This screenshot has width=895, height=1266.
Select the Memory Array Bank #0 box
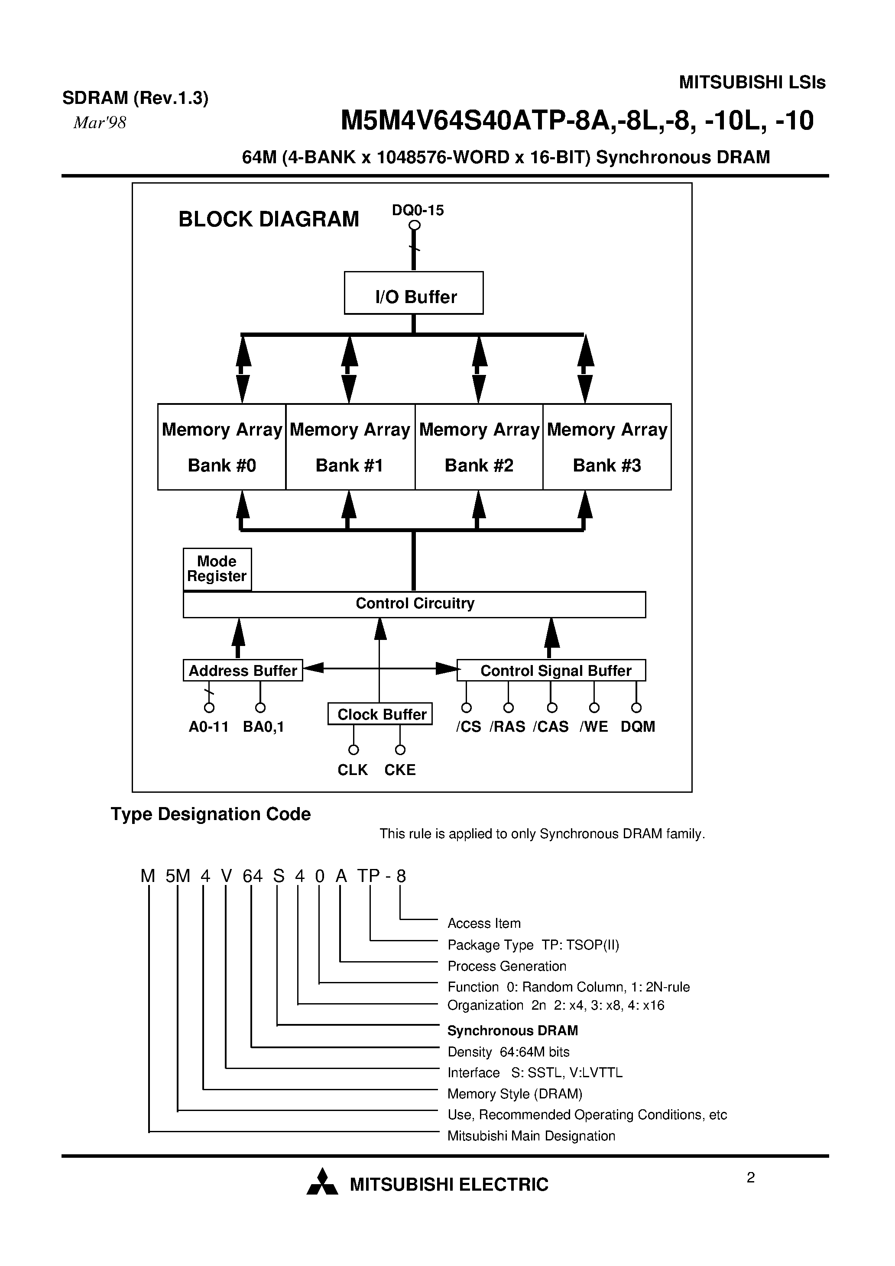(222, 447)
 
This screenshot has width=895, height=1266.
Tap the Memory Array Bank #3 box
(607, 447)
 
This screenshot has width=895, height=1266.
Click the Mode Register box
(217, 569)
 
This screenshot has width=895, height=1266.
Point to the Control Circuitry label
(415, 603)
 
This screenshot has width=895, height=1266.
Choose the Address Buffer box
(243, 671)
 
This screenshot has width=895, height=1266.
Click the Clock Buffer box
(380, 714)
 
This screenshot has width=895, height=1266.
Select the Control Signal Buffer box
(552, 671)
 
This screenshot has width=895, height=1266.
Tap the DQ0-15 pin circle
(415, 225)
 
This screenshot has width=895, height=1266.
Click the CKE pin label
(399, 770)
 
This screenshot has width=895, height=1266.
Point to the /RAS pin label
(507, 727)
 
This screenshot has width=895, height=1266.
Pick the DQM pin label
(637, 727)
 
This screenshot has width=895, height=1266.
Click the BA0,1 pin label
(263, 727)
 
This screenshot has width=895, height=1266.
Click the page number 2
(750, 1178)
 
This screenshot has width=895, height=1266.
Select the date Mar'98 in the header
(100, 123)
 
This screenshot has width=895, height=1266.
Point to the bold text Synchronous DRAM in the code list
(512, 1030)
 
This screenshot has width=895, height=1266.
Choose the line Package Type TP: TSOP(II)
(533, 945)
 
